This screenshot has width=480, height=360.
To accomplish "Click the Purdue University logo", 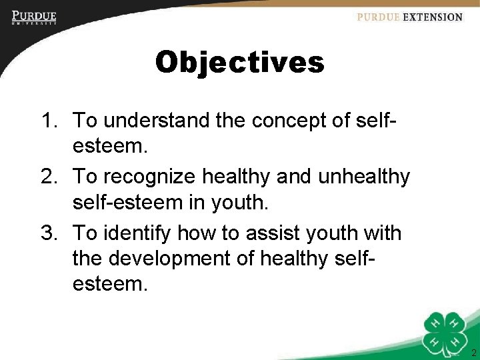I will click(x=34, y=18).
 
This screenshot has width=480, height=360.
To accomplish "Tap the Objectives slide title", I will click(x=239, y=63).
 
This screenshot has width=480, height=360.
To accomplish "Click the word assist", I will click(x=273, y=233).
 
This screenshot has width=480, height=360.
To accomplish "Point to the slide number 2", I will click(x=473, y=353).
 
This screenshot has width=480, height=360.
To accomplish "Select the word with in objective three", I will click(x=381, y=233).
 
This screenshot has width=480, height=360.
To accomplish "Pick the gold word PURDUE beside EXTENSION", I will click(x=377, y=17).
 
